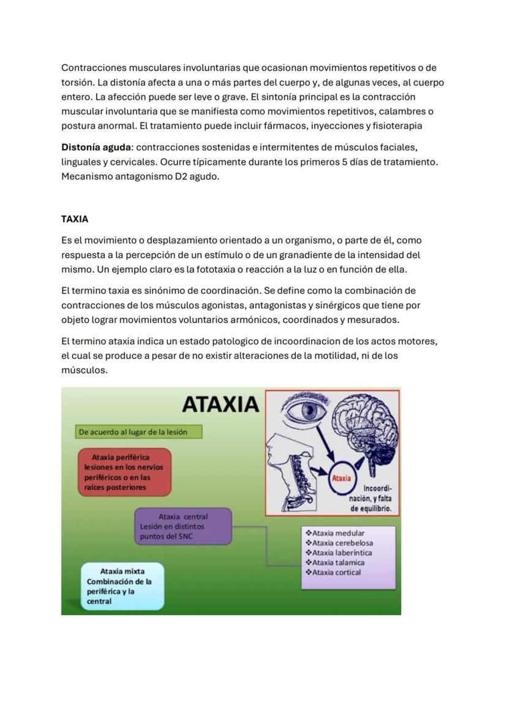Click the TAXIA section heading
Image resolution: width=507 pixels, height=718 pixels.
tap(75, 219)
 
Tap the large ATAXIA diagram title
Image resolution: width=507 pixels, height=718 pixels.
tap(220, 405)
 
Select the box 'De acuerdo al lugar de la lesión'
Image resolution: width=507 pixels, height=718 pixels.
tap(138, 432)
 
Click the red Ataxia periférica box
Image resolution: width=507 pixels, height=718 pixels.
tap(125, 472)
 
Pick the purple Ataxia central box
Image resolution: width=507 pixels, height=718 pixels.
tap(183, 526)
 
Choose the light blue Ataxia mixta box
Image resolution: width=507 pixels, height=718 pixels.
tap(123, 586)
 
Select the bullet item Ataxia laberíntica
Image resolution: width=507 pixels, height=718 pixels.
tap(342, 553)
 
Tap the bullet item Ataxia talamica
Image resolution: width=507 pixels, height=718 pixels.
tap(338, 563)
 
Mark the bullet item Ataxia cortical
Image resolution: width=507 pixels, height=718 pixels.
tap(336, 573)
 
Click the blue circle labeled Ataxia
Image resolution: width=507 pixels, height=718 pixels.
tap(341, 478)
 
